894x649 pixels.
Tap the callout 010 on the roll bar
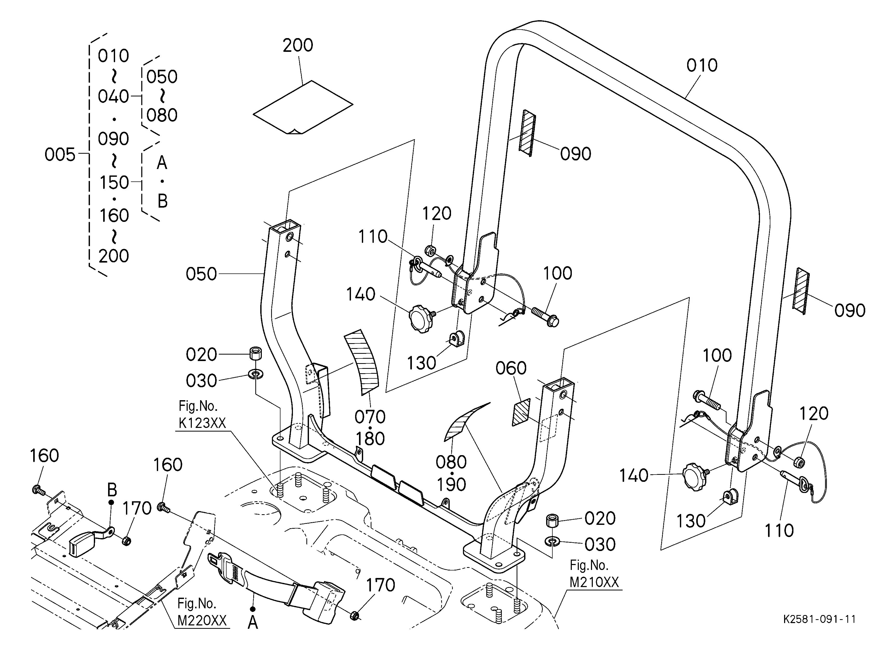click(702, 65)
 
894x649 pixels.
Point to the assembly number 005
click(60, 154)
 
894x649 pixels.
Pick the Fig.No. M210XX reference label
click(594, 574)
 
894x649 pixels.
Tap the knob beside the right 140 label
click(695, 476)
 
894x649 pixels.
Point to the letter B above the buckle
click(112, 490)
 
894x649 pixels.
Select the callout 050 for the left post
click(201, 274)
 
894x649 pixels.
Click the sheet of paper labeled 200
click(303, 107)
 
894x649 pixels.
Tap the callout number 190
click(451, 484)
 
